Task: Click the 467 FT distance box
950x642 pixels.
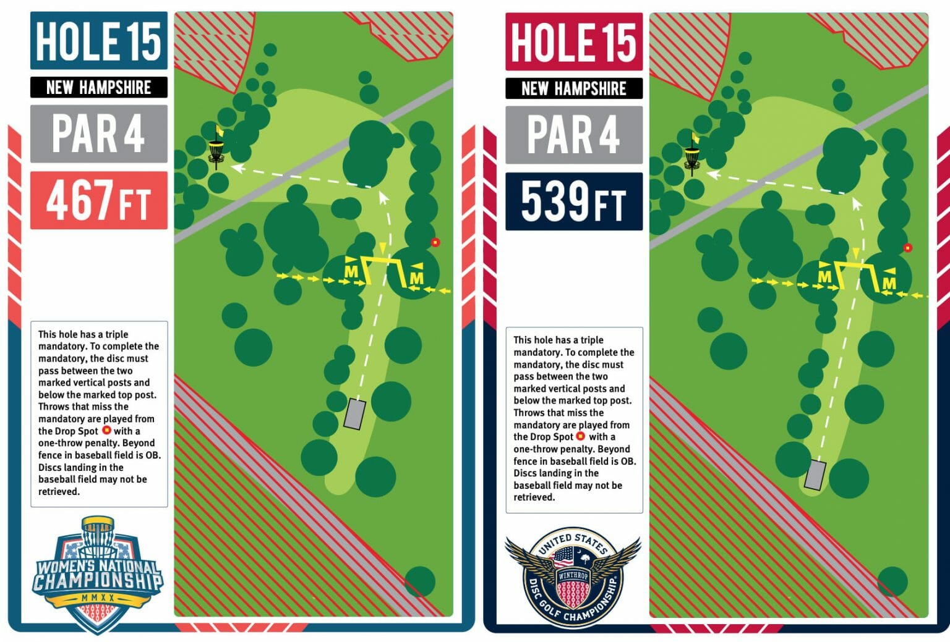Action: pos(99,200)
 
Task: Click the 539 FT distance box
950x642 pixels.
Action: pos(574,201)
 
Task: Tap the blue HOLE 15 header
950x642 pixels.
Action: pos(99,41)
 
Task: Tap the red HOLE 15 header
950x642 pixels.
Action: pos(574,42)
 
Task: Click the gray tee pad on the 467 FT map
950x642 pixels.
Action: pos(354,414)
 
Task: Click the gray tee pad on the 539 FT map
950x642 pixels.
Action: pos(815,475)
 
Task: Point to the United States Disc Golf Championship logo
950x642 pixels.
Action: pos(573,578)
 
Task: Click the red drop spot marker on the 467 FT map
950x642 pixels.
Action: pos(435,242)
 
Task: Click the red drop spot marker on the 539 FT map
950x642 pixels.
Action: pos(907,248)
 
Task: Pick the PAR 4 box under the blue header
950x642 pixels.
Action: pos(99,133)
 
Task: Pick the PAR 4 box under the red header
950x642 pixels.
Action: pos(574,135)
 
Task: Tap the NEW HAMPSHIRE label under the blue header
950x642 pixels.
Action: pos(99,87)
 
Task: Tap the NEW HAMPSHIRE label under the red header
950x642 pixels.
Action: pos(574,88)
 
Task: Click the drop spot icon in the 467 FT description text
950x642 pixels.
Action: pos(106,430)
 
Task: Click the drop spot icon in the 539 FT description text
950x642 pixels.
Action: pos(581,436)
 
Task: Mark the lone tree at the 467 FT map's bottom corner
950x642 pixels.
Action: pos(420,581)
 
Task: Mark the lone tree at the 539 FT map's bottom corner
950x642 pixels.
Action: pos(892,581)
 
